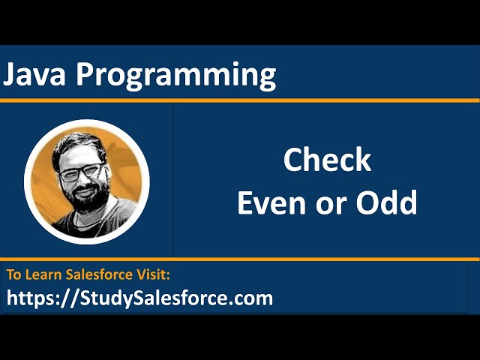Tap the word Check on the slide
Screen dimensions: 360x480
pyautogui.click(x=326, y=160)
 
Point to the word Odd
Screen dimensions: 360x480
pyautogui.click(x=391, y=202)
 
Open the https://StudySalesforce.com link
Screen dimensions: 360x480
pyautogui.click(x=139, y=298)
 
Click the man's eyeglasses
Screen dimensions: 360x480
pyautogui.click(x=80, y=172)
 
